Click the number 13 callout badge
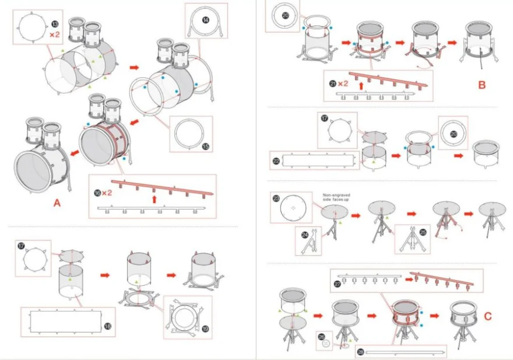point(54,24)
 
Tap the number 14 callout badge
point(206,19)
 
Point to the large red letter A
point(57,202)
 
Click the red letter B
point(482,85)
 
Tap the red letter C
point(488,316)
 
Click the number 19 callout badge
point(205,328)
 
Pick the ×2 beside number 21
point(343,83)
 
